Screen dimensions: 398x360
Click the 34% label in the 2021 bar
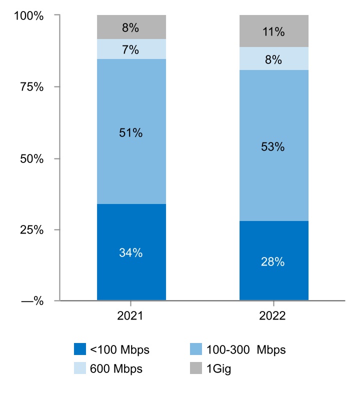pyautogui.click(x=131, y=253)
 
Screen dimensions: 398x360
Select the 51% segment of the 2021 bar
pyautogui.click(x=131, y=133)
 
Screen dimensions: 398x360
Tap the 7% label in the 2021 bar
pyautogui.click(x=131, y=50)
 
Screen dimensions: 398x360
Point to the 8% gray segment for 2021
pyautogui.click(x=131, y=28)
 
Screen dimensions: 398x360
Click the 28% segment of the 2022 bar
pyautogui.click(x=273, y=261)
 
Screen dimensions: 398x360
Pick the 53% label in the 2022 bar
pyautogui.click(x=273, y=147)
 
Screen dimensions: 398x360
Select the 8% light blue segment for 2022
pyautogui.click(x=273, y=60)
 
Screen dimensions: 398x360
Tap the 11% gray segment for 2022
pyautogui.click(x=273, y=32)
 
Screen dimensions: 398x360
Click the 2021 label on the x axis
pyautogui.click(x=131, y=316)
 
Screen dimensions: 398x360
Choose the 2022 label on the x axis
pyautogui.click(x=273, y=316)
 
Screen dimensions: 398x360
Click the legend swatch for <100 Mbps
pyautogui.click(x=80, y=349)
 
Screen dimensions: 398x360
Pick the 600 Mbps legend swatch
pyautogui.click(x=80, y=369)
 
